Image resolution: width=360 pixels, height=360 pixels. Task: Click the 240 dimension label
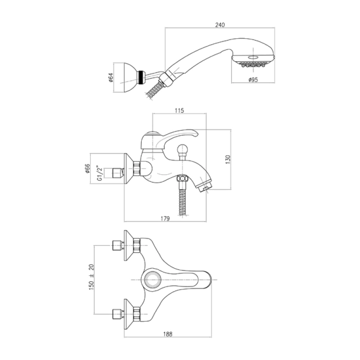coord(220,25)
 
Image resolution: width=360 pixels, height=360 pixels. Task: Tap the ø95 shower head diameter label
coord(253,79)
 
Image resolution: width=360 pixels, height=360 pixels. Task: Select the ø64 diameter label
coord(111,78)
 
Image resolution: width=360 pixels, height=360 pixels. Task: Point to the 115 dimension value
coord(179,111)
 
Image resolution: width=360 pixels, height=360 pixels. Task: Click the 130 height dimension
coord(228,159)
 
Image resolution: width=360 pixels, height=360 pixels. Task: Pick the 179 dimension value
coord(165,218)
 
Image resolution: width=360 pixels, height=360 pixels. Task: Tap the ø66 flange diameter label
coord(88,168)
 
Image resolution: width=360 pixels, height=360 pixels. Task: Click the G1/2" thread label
coord(99,172)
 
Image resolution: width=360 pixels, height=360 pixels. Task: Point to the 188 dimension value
coord(168,334)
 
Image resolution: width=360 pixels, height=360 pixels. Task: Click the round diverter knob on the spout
coord(183,148)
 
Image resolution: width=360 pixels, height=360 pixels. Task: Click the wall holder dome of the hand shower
coord(130,78)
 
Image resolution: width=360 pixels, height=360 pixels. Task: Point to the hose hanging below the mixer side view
coord(183,202)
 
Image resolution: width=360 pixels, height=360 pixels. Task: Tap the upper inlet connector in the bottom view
coord(118,245)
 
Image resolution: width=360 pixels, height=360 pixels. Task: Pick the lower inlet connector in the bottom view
coord(118,314)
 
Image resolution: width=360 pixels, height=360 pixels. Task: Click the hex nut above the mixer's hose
coord(183,179)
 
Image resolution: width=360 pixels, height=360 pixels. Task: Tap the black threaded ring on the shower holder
coord(141,78)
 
